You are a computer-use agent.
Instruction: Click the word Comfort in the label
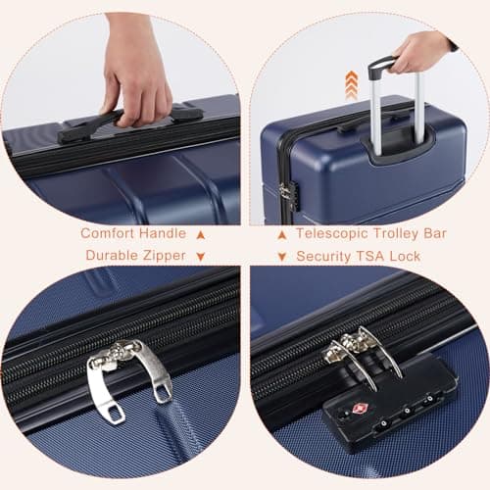(x=105, y=233)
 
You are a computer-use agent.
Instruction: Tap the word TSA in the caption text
(x=375, y=257)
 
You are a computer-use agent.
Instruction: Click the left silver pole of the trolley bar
(x=374, y=103)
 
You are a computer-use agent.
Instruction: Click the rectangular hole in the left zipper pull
(x=115, y=412)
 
